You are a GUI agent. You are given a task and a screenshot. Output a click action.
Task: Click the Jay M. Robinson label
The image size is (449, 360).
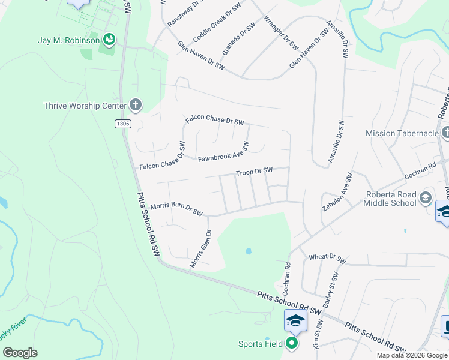pos(68,41)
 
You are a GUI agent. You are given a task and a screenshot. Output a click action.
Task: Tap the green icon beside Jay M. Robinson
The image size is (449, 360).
pos(109,40)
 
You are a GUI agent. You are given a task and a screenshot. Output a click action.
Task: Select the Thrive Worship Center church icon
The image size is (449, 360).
pos(136,106)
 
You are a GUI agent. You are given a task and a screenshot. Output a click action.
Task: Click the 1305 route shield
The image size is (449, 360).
pos(122,124)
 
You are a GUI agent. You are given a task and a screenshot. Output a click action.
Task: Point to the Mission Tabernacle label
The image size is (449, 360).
pos(402,133)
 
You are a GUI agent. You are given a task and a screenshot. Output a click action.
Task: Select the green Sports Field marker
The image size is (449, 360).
pos(292,344)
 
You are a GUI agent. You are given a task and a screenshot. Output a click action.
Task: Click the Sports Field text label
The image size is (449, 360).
pos(260,344)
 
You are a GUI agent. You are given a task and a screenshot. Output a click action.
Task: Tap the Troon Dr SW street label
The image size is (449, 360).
pos(255,172)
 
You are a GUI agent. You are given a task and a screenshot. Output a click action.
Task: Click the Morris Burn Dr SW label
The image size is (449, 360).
pos(177,209)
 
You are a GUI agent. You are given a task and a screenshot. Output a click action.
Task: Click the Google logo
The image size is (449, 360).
pos(20,353)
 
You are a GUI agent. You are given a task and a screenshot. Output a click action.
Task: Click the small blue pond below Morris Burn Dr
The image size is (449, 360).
pos(247,251)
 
